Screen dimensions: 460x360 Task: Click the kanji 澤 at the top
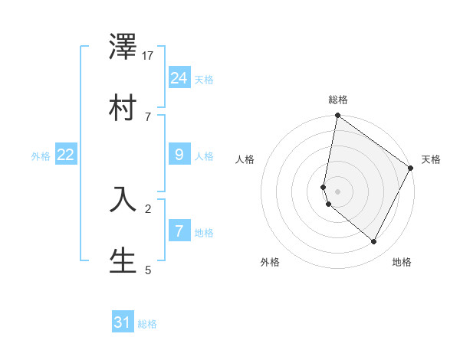[123, 51]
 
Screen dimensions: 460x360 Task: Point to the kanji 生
[123, 260]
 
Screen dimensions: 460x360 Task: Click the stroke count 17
[148, 56]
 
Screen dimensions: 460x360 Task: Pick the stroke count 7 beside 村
[148, 116]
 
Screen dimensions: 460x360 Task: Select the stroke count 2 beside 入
[148, 208]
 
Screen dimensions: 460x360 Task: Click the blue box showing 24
[179, 77]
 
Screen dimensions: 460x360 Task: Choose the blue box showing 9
[179, 155]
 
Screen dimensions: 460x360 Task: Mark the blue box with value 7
[179, 231]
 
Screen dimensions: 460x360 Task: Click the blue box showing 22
[66, 155]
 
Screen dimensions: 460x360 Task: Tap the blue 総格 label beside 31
[147, 324]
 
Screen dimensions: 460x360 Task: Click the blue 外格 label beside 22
[41, 156]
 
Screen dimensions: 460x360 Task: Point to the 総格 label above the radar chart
[338, 100]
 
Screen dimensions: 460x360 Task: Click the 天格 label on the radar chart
[431, 159]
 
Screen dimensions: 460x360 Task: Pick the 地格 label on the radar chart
[402, 262]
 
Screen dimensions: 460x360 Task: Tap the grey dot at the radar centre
[337, 191]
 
